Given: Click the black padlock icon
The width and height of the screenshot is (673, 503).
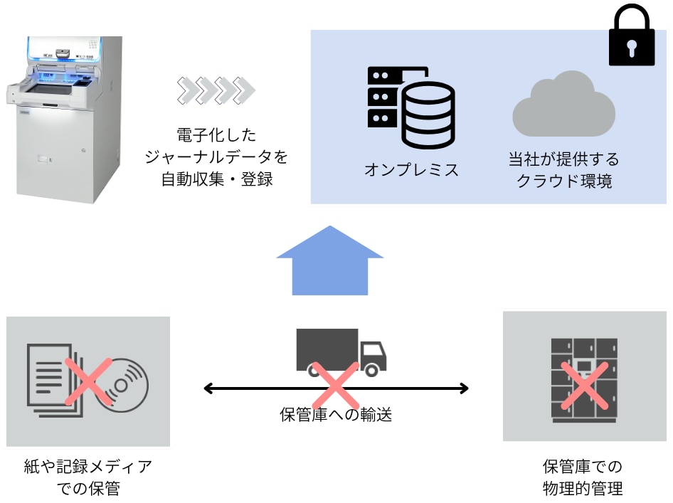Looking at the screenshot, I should [x=632, y=38].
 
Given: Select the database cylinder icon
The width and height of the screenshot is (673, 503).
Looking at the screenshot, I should [x=428, y=113].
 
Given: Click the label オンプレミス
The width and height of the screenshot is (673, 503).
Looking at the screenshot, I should [x=411, y=170].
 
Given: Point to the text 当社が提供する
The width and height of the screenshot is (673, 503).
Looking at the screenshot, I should [x=563, y=158].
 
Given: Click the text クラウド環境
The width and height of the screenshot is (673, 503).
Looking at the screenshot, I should [x=563, y=181].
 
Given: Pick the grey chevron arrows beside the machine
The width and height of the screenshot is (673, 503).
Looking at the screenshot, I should [x=216, y=90].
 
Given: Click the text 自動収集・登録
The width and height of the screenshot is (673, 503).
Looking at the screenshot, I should [x=216, y=179].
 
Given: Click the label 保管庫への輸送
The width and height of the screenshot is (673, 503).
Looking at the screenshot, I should [x=336, y=414].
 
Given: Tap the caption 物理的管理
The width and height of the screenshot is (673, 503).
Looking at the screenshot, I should [x=582, y=489].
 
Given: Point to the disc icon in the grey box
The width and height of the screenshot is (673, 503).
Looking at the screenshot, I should [x=124, y=385].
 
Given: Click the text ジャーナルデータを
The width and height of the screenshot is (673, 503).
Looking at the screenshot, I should [x=216, y=157].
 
